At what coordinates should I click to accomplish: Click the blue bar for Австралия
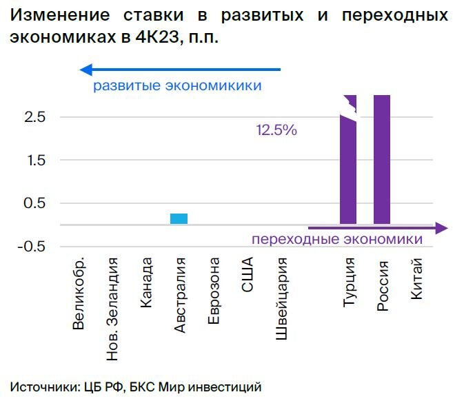tap(179, 218)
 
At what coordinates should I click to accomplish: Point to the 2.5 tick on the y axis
tap(34, 117)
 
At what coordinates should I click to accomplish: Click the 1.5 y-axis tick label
tap(34, 161)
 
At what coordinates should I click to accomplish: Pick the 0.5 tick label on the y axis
tap(34, 204)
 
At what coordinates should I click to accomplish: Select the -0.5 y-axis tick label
tap(31, 247)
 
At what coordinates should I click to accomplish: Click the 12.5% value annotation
tap(276, 130)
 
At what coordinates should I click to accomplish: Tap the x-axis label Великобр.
tap(78, 293)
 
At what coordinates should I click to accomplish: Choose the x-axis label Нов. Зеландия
tap(112, 308)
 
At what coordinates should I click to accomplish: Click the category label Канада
tap(146, 283)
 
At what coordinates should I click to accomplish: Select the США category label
tap(248, 276)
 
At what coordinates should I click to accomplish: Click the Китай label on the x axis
tap(416, 280)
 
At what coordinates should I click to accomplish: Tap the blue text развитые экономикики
tap(178, 86)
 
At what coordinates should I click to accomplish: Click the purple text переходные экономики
tap(336, 239)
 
